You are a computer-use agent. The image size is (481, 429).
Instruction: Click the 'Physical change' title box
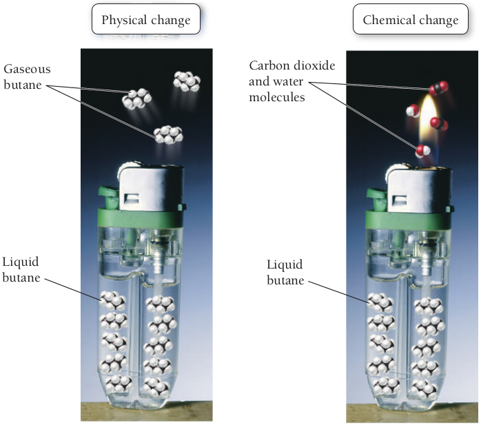pyautogui.click(x=145, y=20)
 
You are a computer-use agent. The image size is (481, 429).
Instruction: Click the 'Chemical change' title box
pyautogui.click(x=410, y=20)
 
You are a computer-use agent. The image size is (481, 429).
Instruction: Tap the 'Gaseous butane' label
pyautogui.click(x=27, y=76)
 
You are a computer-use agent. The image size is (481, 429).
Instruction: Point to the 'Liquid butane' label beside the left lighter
pyautogui.click(x=21, y=269)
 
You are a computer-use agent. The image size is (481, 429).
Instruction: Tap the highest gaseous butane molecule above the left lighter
pyautogui.click(x=186, y=81)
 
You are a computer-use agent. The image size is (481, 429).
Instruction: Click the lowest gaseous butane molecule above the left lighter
pyautogui.click(x=168, y=134)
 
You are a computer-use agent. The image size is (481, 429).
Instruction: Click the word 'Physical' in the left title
pyautogui.click(x=124, y=20)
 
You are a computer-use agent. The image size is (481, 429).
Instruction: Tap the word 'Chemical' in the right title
pyautogui.click(x=388, y=20)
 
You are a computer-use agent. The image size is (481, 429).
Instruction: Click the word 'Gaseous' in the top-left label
pyautogui.click(x=27, y=70)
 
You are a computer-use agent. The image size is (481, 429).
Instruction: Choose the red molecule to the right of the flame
pyautogui.click(x=438, y=124)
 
